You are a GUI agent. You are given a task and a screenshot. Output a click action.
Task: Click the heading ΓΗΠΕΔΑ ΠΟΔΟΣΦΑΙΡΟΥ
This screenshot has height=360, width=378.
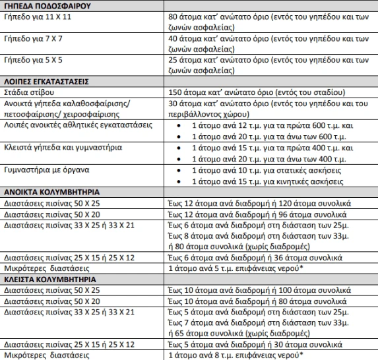(46, 5)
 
